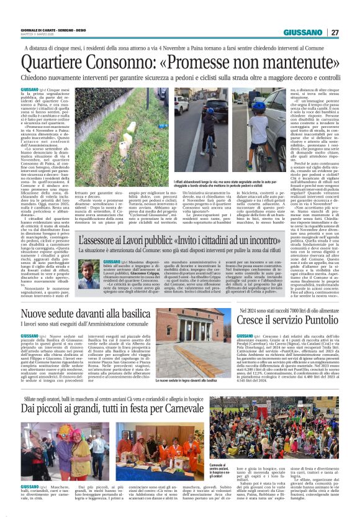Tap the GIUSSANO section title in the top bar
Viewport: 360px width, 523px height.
pyautogui.click(x=302, y=33)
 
